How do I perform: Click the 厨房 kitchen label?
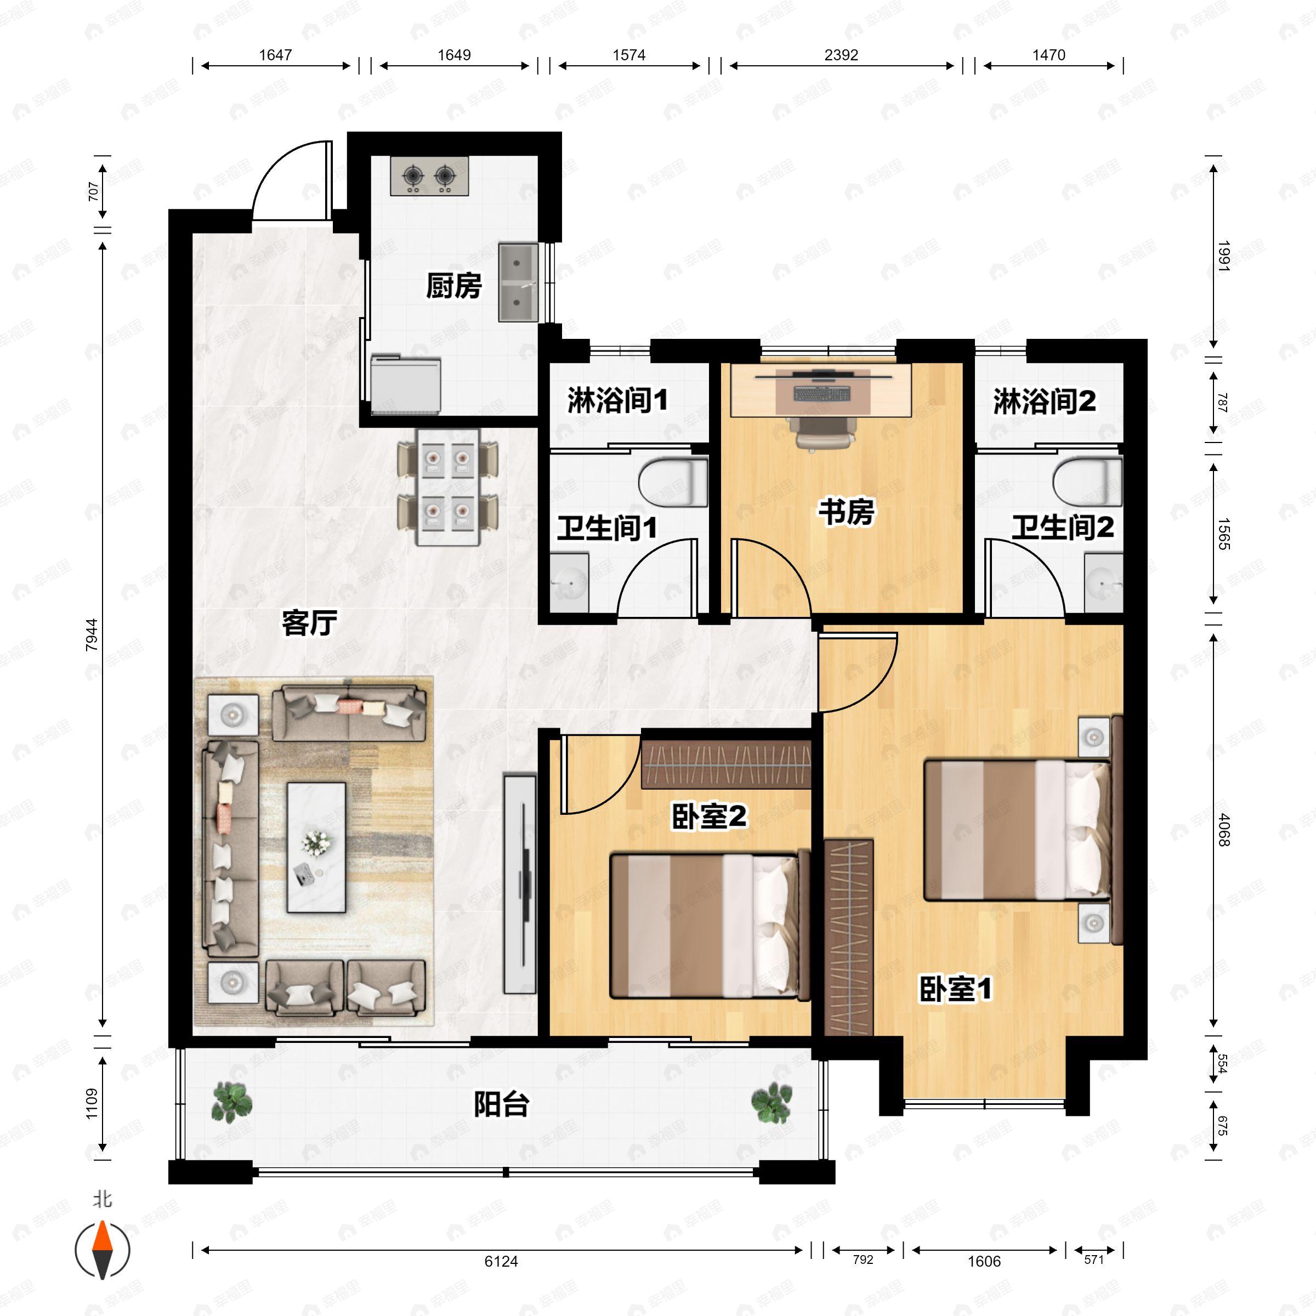click(x=453, y=286)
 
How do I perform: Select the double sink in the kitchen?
click(x=518, y=283)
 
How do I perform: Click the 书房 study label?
click(x=846, y=512)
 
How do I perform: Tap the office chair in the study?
click(x=824, y=433)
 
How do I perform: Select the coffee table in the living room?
click(x=316, y=847)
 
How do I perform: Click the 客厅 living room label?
click(x=309, y=622)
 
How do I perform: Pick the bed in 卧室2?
click(x=708, y=926)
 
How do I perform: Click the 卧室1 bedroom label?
click(x=955, y=990)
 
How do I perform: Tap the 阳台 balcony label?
click(x=501, y=1104)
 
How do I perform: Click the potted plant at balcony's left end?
click(x=231, y=1103)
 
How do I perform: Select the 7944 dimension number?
click(x=92, y=635)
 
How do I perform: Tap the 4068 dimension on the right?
click(x=1224, y=830)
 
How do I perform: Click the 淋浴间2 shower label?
click(x=1044, y=401)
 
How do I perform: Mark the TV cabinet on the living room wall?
click(x=520, y=883)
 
